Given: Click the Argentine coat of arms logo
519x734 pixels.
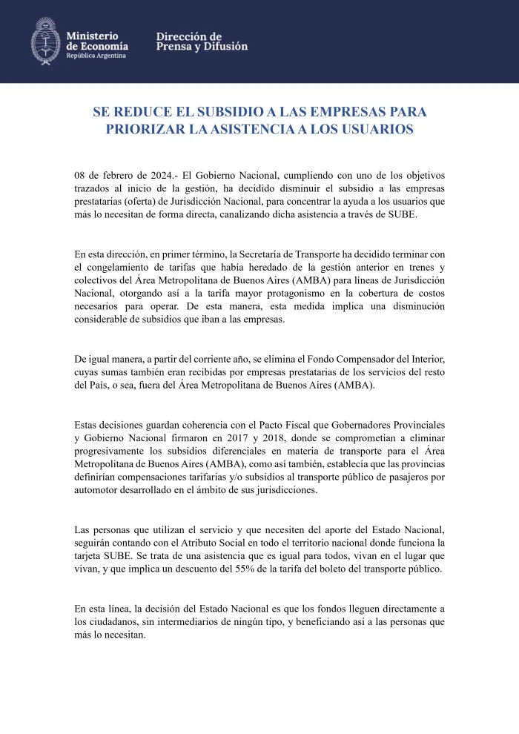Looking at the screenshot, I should point(45,41).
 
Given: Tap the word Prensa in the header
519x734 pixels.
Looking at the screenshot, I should point(173,47).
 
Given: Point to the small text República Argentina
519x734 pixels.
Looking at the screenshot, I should point(96,56).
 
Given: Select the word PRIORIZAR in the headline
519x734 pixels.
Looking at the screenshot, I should point(145,129).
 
